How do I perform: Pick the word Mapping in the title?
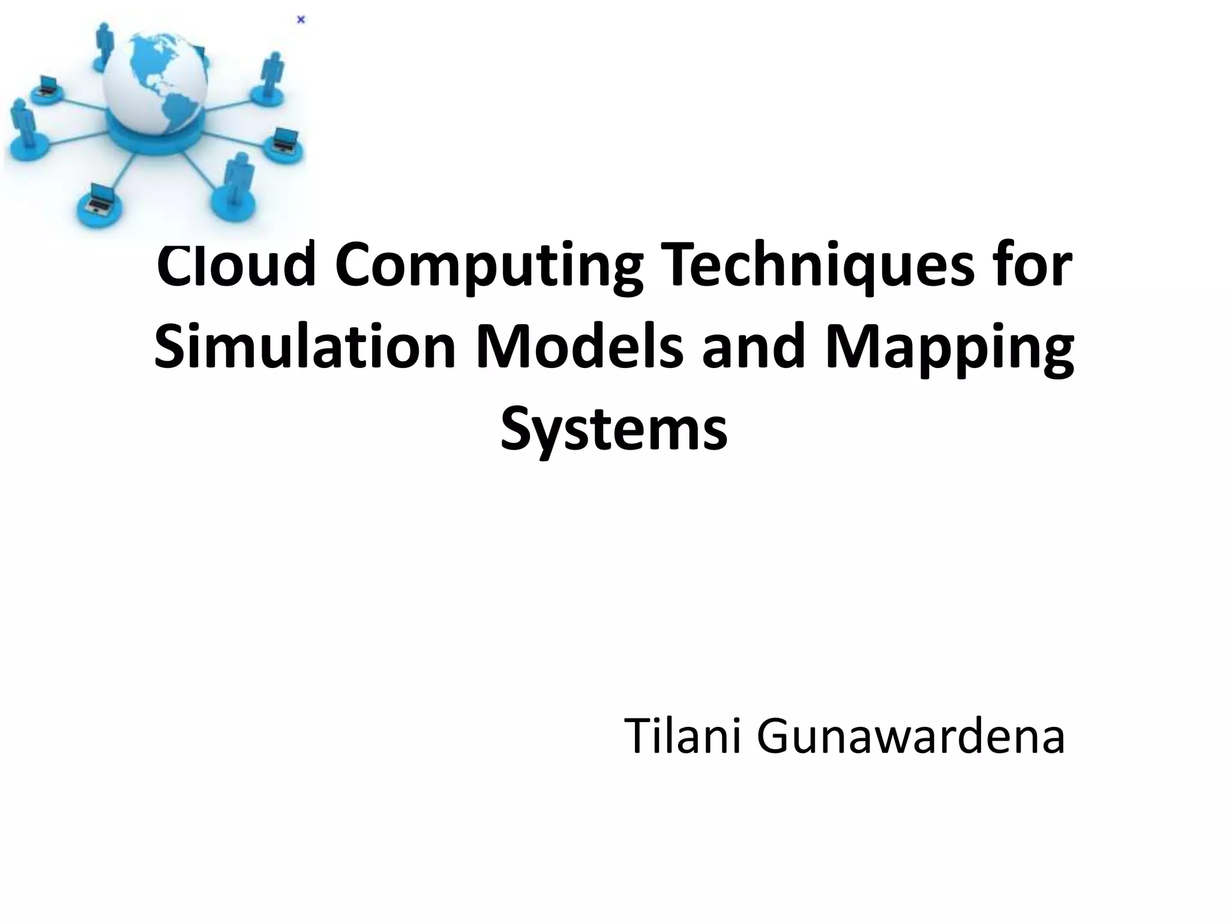[x=949, y=351]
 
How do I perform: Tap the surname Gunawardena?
[x=910, y=737]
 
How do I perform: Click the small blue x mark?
[x=301, y=20]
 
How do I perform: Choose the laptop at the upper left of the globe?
[x=46, y=85]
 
